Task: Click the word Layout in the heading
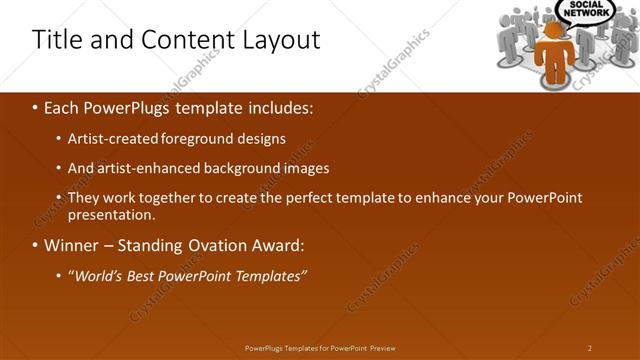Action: tap(282, 40)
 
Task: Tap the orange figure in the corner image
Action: tap(554, 51)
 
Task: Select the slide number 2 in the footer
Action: tap(590, 348)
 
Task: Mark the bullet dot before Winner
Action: tap(36, 245)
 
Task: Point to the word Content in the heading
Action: tap(179, 40)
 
